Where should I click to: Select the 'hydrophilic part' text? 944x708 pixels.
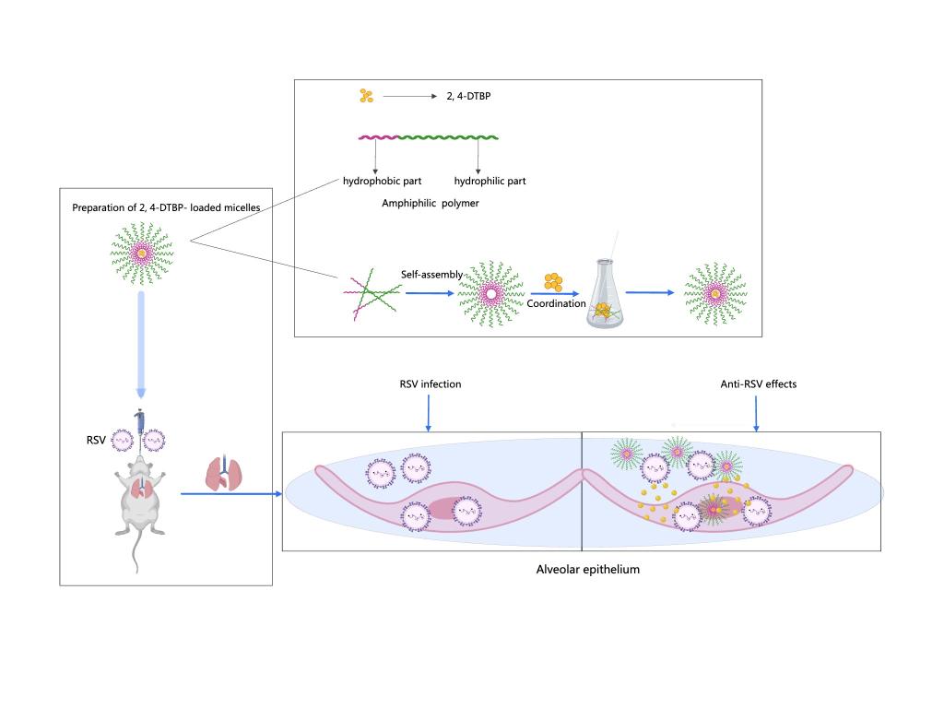tap(490, 182)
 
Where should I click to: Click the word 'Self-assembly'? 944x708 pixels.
tap(431, 275)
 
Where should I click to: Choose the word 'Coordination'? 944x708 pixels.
tap(557, 303)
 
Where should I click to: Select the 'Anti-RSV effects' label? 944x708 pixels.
tap(759, 384)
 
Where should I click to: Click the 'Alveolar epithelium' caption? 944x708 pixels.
tap(587, 570)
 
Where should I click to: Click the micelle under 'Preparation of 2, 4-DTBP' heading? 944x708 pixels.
tap(141, 251)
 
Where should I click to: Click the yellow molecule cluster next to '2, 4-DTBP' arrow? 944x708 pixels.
tap(366, 95)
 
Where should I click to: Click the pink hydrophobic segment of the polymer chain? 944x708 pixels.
tap(378, 138)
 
